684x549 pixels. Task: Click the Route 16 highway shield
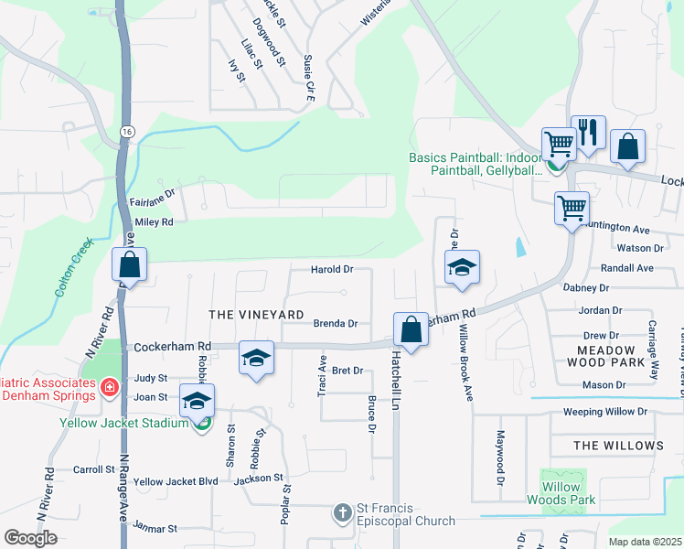click(x=126, y=133)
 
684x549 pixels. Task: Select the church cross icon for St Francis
click(x=342, y=512)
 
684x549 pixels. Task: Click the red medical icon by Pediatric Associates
click(x=110, y=388)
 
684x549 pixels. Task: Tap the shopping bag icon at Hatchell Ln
click(x=411, y=329)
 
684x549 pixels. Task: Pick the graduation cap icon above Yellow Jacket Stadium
click(x=197, y=401)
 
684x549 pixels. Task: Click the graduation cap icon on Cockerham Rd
click(x=256, y=357)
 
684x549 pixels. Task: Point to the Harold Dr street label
click(x=332, y=270)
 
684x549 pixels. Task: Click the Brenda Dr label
click(x=335, y=323)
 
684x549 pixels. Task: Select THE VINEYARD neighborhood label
click(x=256, y=314)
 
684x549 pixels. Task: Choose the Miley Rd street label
click(x=154, y=222)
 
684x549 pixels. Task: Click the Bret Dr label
click(x=347, y=371)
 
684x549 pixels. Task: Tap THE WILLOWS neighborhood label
click(x=618, y=446)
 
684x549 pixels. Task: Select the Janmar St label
click(x=155, y=528)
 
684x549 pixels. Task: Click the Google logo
click(x=30, y=538)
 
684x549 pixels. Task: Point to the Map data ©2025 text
click(x=645, y=542)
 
